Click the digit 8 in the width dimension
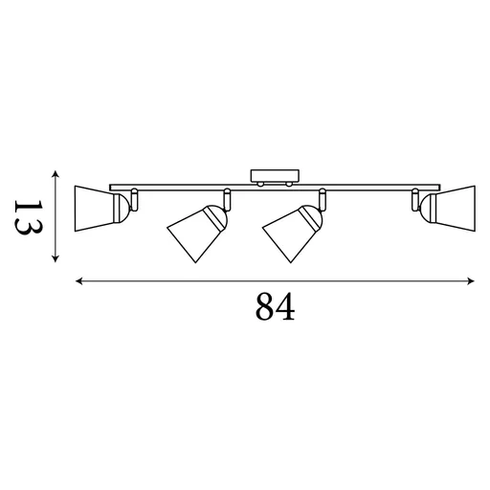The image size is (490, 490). tap(264, 307)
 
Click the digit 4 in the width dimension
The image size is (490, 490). tap(283, 307)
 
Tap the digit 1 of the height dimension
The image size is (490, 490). tap(26, 205)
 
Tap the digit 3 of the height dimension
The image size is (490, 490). tap(26, 230)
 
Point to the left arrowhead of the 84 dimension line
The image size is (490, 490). tap(78, 281)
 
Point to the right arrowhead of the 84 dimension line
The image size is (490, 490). tap(472, 281)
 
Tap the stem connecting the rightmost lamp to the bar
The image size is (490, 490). tap(415, 198)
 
